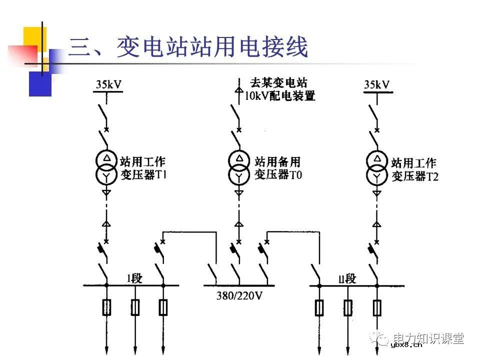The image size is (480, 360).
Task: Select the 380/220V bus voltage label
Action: click(x=239, y=295)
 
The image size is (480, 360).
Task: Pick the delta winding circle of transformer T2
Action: click(x=376, y=160)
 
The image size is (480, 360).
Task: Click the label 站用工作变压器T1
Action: click(x=142, y=168)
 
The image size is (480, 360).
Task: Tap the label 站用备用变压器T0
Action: click(x=277, y=168)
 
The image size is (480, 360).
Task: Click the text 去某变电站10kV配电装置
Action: click(x=279, y=89)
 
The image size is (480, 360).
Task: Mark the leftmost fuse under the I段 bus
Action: click(x=106, y=307)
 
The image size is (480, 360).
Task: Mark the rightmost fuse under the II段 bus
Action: click(x=376, y=307)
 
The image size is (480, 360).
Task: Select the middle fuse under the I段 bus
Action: click(x=135, y=307)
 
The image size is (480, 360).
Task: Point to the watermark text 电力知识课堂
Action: click(x=428, y=338)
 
